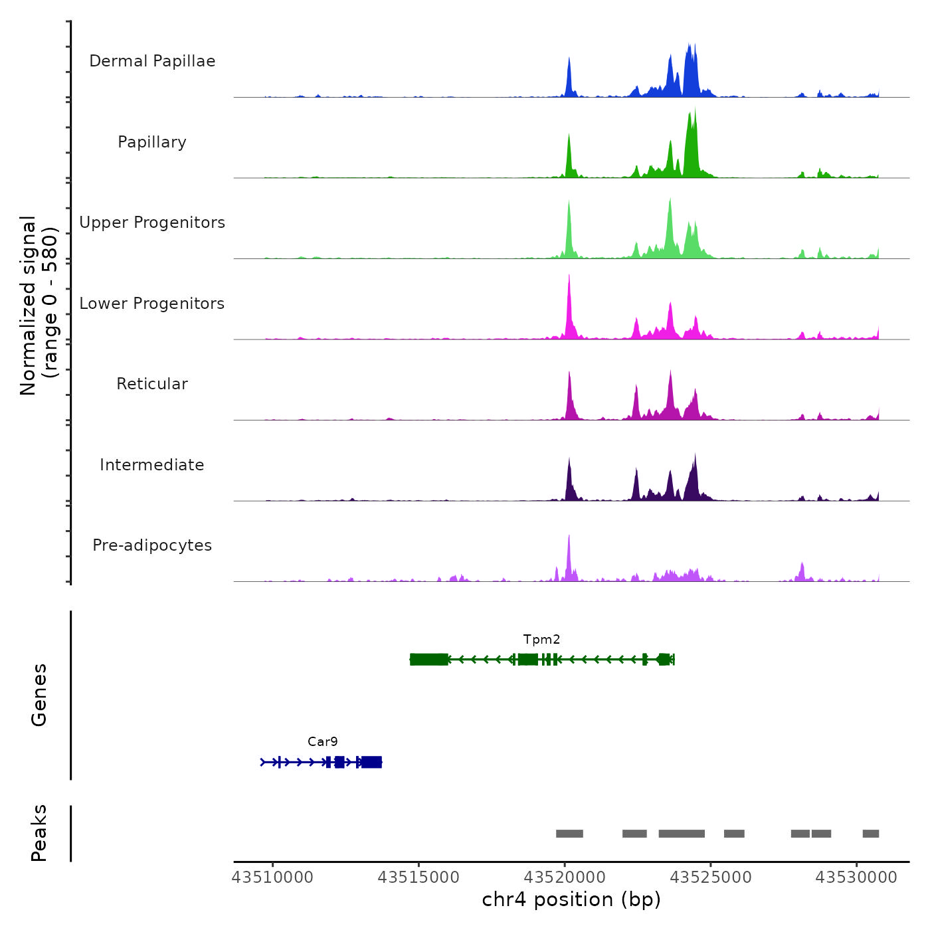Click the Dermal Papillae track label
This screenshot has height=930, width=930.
pos(152,61)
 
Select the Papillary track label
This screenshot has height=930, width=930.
pos(152,142)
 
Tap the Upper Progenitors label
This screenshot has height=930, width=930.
pos(152,223)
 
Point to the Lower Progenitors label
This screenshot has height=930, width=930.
pos(152,304)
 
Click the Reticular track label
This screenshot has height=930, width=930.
pos(152,384)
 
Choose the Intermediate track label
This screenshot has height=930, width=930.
pos(152,465)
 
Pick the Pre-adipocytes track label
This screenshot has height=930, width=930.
pos(152,545)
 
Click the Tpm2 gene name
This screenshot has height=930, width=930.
pos(541,640)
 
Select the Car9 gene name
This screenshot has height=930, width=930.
pos(323,742)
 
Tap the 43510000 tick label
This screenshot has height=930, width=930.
pos(272,878)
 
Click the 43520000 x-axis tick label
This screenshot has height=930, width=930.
pos(565,878)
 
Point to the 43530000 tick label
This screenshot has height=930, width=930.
pos(856,878)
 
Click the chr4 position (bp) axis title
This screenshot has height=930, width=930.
pos(571,900)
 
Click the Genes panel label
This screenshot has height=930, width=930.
pos(39,695)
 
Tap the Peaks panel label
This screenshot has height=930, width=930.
pos(39,833)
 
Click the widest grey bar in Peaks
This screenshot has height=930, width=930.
pos(682,834)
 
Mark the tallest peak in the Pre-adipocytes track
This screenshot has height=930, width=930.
pos(569,537)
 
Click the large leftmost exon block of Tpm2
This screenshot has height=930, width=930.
pos(429,659)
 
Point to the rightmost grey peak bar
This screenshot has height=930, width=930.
pos(871,834)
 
